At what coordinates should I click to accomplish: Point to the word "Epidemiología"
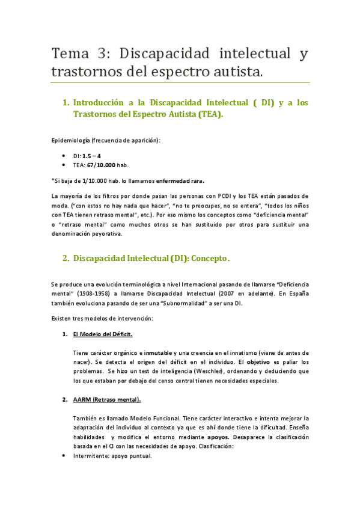[72, 141]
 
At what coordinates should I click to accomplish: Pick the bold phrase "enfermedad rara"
[179, 180]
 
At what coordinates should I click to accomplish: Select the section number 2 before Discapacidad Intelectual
[66, 259]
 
